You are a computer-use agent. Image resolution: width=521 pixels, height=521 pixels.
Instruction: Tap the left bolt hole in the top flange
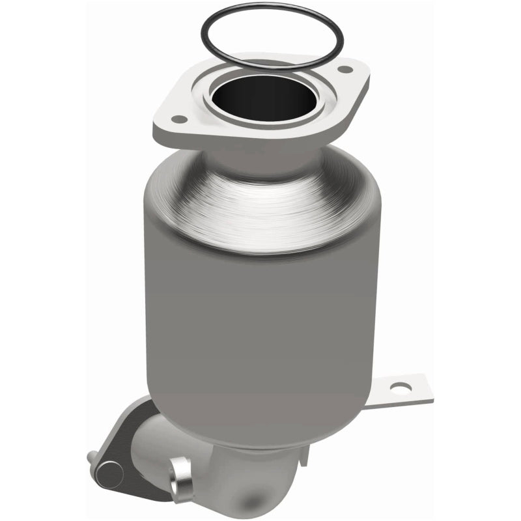tap(176, 119)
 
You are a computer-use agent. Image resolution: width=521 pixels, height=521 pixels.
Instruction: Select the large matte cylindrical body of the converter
tap(260, 326)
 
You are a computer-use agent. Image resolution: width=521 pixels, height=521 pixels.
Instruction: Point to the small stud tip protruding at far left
tap(91, 456)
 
